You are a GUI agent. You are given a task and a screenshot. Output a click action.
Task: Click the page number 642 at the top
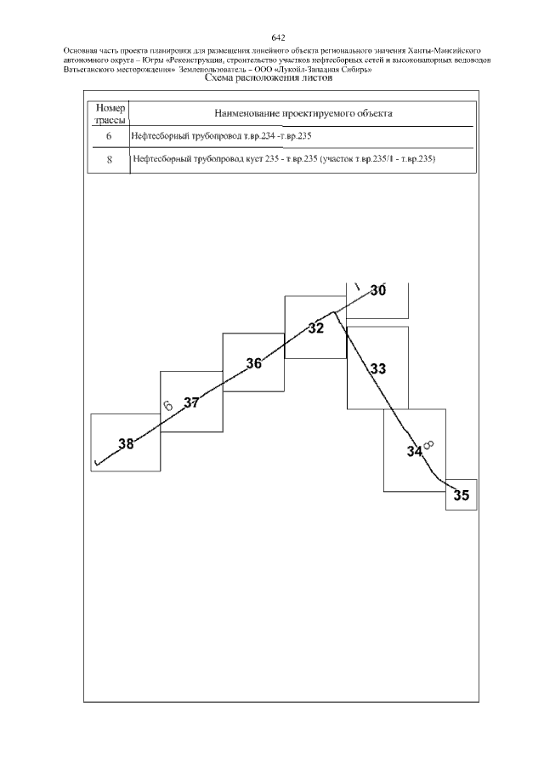click(278, 37)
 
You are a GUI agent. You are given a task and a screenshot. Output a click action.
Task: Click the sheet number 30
click(377, 291)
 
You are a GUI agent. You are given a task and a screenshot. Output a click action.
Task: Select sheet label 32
click(316, 328)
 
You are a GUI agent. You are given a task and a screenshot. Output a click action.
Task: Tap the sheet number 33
click(377, 368)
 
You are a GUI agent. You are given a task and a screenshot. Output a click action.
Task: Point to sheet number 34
click(415, 452)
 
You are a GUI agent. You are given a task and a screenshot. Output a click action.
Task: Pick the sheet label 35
click(461, 495)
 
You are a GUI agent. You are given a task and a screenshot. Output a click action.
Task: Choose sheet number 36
click(253, 364)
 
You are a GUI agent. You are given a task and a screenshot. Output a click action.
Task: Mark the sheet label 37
click(191, 403)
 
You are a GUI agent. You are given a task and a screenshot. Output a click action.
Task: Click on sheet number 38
click(126, 444)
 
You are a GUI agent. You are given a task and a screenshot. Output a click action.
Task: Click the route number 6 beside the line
click(167, 405)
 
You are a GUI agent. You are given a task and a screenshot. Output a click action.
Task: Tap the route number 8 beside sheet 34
click(428, 445)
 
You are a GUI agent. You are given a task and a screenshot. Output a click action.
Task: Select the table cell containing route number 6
click(109, 136)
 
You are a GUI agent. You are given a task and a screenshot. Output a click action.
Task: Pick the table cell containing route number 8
click(109, 160)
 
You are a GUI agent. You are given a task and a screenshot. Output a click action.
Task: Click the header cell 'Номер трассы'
click(110, 113)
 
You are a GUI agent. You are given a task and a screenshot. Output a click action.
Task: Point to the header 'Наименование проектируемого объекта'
click(303, 113)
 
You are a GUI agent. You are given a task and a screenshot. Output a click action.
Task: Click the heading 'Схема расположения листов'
click(269, 77)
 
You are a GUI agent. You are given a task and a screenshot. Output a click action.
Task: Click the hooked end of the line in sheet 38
click(96, 463)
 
